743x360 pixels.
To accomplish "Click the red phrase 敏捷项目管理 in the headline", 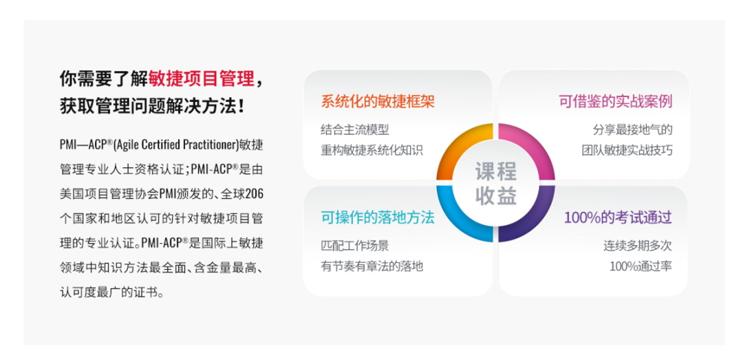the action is click(202, 78).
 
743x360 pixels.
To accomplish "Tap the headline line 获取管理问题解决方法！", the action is click(153, 105).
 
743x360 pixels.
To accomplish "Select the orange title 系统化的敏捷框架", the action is click(378, 101).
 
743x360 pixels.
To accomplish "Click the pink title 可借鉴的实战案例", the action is click(616, 101).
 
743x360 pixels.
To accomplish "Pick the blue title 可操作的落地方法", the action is click(378, 218).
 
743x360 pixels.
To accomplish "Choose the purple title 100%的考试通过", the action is click(618, 218).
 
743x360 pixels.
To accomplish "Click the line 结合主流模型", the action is click(355, 129).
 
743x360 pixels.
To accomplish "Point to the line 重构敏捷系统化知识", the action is click(372, 150).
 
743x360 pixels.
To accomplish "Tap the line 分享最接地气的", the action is click(633, 129).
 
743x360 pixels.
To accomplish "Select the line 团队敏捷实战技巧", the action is click(627, 150).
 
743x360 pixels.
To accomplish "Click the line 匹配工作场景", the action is click(355, 246).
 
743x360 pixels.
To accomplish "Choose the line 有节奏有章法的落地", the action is click(372, 266).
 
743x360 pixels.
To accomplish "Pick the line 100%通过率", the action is click(640, 266).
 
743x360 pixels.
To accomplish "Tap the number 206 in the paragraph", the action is click(255, 193).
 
